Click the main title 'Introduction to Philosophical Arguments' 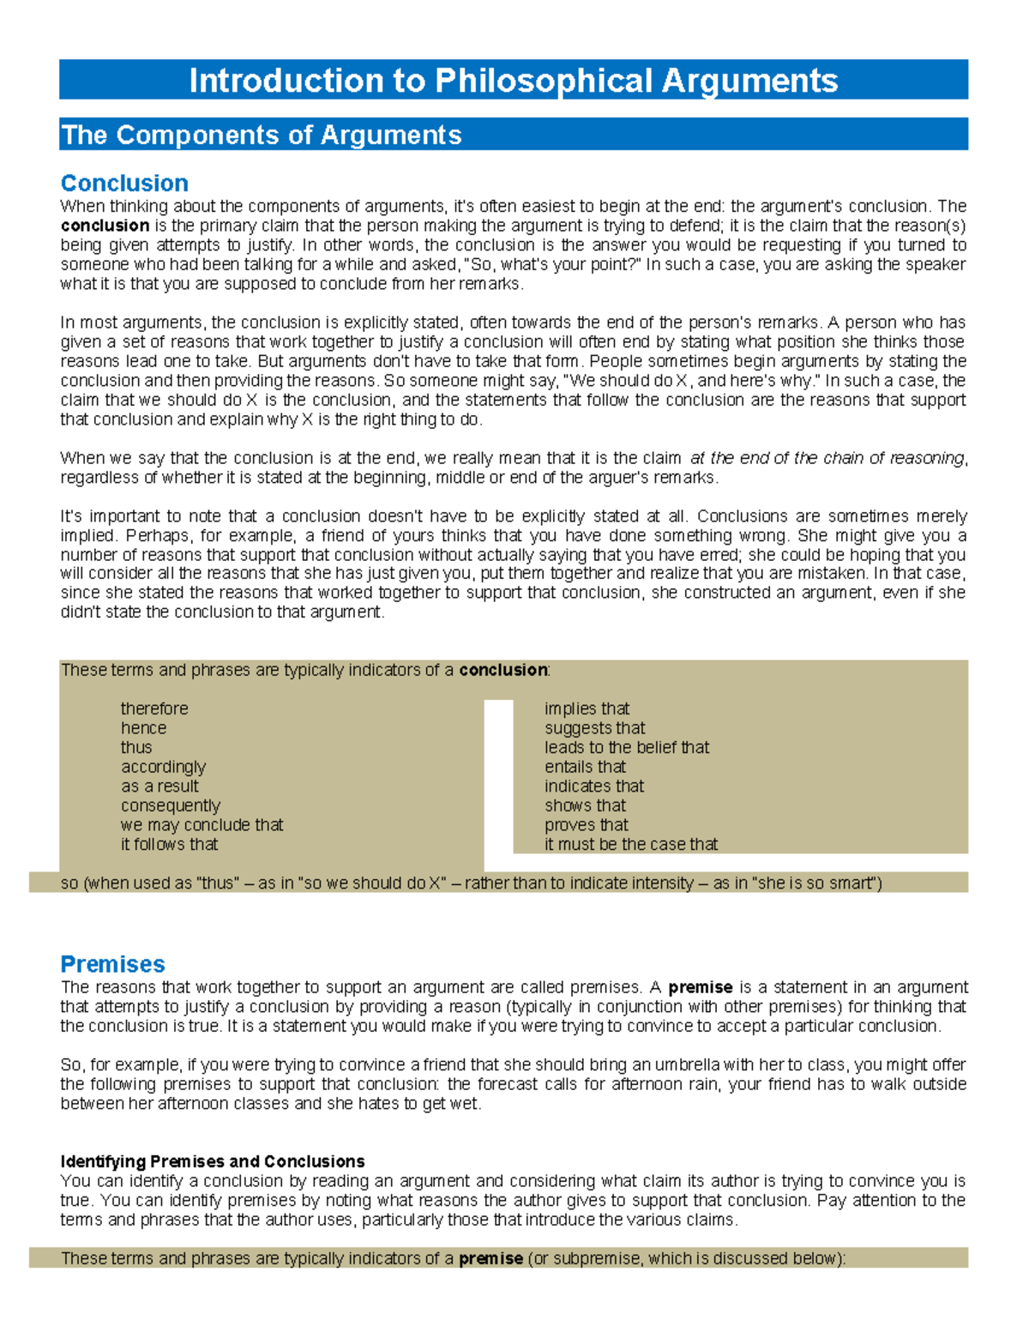coord(513,81)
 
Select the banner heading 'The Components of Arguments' coord(262,135)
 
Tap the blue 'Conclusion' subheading coord(124,183)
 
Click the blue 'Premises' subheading coord(112,964)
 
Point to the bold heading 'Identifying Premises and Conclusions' coord(213,1161)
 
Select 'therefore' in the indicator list coord(154,708)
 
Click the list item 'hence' coord(143,728)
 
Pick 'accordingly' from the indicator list coord(163,767)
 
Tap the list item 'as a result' coord(159,787)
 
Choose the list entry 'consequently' coord(171,806)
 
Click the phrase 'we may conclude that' coord(202,825)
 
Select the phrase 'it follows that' coord(169,845)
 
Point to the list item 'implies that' coord(587,708)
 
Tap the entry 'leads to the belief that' coord(627,748)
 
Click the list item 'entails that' coord(585,767)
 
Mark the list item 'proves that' coord(587,825)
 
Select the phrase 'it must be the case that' coord(631,845)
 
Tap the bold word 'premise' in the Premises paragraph coord(701,987)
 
